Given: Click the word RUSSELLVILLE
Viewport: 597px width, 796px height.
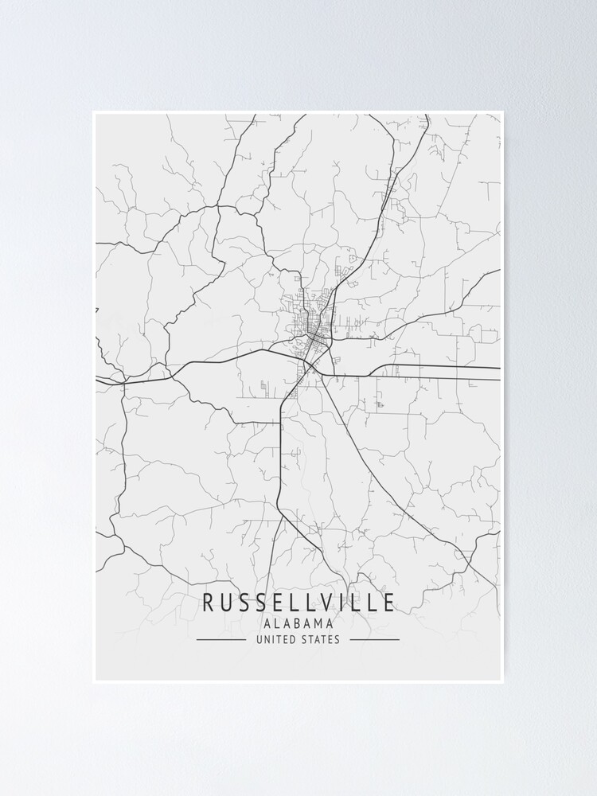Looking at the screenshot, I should click(x=298, y=603).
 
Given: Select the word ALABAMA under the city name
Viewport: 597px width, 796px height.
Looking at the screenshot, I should click(x=298, y=623).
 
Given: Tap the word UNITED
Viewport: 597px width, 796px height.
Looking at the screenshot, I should click(x=275, y=639).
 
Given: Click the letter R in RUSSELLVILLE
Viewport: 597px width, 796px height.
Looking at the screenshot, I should click(x=208, y=603).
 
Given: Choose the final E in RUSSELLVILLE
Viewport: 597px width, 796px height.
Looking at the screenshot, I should click(x=388, y=603).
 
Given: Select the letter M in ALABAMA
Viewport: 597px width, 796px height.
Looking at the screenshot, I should click(x=318, y=623).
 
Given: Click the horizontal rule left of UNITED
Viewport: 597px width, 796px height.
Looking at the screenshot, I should click(x=221, y=639).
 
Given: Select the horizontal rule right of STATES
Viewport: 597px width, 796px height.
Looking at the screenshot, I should click(x=374, y=639).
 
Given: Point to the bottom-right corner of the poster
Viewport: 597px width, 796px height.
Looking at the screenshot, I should click(x=503, y=682).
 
